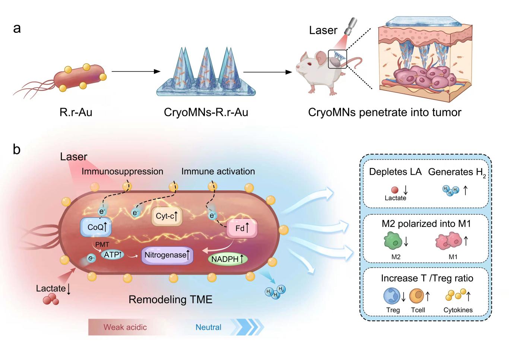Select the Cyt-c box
coord(167,216)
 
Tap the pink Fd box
coord(242,228)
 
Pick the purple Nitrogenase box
coord(167,255)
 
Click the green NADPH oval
coord(227,259)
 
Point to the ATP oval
coord(113,255)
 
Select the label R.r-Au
coord(76,112)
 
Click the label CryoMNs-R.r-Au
coord(206,112)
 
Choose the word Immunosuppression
coord(122,171)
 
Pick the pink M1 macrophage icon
coord(448,241)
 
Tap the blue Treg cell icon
coord(392,296)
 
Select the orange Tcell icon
coord(417,296)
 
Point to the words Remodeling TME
coord(170,299)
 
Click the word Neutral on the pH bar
coord(208,327)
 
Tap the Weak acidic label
coord(125,327)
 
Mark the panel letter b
coord(17,149)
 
